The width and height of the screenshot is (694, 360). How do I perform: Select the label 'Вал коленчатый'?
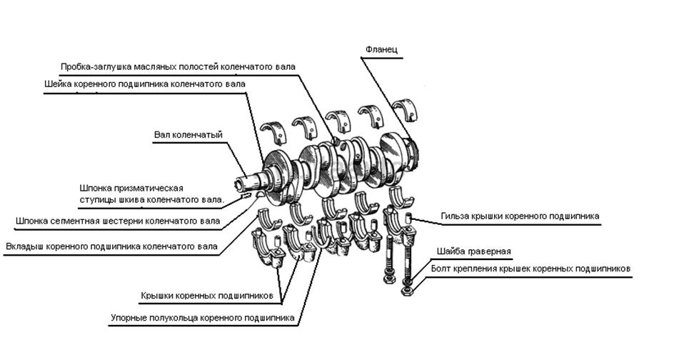(x=189, y=134)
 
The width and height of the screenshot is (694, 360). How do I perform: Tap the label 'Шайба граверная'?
(x=475, y=252)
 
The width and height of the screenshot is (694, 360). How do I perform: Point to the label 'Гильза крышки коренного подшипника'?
(x=520, y=215)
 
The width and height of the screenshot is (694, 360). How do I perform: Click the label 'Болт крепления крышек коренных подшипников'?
(x=531, y=269)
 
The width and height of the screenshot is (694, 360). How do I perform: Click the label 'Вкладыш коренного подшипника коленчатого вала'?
(x=112, y=247)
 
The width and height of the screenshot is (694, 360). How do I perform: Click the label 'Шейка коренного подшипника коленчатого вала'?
(x=145, y=84)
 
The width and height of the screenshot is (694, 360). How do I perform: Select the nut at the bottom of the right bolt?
(x=406, y=291)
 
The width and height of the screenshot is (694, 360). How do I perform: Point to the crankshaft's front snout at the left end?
(x=246, y=175)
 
